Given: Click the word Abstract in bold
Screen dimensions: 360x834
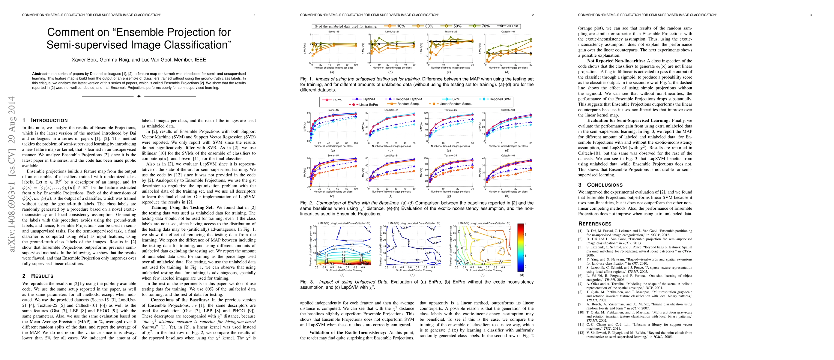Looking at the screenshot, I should pyautogui.click(x=40, y=74).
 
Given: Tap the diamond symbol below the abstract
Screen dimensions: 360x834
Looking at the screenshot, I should pyautogui.click(x=139, y=96).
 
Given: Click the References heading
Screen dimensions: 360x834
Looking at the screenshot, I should pyautogui.click(x=595, y=224).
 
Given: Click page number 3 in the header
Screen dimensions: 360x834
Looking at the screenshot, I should pyautogui.click(x=811, y=15).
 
